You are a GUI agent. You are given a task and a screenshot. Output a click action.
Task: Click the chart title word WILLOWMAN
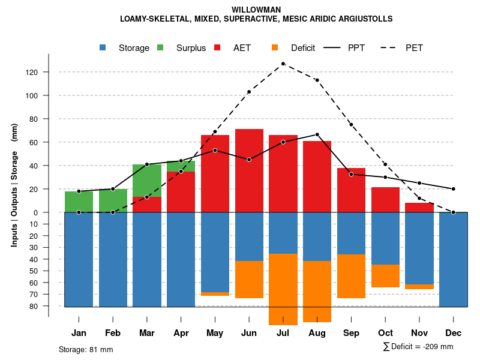pyautogui.click(x=256, y=10)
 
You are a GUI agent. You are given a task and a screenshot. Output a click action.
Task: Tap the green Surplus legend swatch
pyautogui.click(x=161, y=47)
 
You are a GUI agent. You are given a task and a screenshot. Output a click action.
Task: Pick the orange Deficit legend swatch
pyautogui.click(x=275, y=47)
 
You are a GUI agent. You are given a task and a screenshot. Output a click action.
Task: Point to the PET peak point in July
pyautogui.click(x=283, y=64)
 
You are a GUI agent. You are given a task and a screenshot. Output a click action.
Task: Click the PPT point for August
pyautogui.click(x=317, y=134)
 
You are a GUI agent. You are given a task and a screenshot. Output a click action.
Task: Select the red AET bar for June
pyautogui.click(x=249, y=171)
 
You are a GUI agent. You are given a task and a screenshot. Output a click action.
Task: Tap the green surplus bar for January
pyautogui.click(x=79, y=202)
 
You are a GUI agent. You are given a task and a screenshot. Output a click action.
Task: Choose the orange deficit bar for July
pyautogui.click(x=283, y=289)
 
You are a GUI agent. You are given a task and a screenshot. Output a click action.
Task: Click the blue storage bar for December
pyautogui.click(x=453, y=259)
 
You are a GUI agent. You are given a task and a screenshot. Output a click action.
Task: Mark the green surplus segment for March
pyautogui.click(x=147, y=180)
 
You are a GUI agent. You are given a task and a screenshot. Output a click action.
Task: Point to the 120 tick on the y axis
pyautogui.click(x=48, y=72)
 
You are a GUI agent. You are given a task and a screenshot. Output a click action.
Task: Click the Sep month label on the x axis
pyautogui.click(x=351, y=333)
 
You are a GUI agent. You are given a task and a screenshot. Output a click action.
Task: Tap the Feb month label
pyautogui.click(x=113, y=333)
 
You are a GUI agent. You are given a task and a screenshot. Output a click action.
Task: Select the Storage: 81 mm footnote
pyautogui.click(x=86, y=349)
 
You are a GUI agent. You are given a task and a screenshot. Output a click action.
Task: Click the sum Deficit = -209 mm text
pyautogui.click(x=418, y=347)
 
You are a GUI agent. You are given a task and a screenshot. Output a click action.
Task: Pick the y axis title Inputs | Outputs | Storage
pyautogui.click(x=14, y=184)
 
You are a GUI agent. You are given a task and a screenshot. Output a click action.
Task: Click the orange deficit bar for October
pyautogui.click(x=385, y=276)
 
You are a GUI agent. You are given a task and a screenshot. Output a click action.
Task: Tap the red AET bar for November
pyautogui.click(x=419, y=208)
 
